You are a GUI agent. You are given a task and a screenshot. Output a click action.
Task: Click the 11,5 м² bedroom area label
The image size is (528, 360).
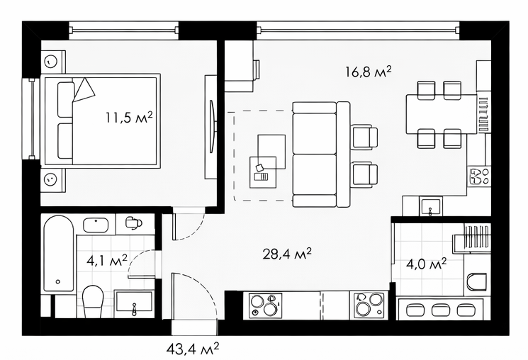[129, 118]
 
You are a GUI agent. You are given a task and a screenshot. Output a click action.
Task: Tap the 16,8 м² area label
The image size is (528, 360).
[369, 72]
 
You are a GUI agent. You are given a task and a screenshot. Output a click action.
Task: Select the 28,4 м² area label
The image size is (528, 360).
[287, 254]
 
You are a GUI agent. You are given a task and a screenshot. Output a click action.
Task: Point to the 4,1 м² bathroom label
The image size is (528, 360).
[107, 260]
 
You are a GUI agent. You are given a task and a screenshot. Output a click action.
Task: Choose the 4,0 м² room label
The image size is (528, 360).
[427, 264]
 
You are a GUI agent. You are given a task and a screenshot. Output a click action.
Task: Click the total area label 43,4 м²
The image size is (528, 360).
[193, 349]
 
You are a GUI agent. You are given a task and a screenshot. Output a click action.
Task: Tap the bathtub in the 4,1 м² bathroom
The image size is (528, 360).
[59, 253]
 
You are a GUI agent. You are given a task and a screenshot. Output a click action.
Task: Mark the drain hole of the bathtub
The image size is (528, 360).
[58, 281]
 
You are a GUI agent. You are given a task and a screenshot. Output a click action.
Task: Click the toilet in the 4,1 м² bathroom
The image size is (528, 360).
[93, 301]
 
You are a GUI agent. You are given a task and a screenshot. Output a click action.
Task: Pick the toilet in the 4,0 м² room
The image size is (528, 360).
[477, 281]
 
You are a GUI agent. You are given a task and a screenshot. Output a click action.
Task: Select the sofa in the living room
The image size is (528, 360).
[321, 154]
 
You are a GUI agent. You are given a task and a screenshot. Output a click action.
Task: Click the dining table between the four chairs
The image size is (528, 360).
[442, 115]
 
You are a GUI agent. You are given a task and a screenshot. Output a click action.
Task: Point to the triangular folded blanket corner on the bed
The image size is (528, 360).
[84, 89]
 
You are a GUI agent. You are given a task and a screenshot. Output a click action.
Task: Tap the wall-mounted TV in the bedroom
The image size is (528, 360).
[211, 127]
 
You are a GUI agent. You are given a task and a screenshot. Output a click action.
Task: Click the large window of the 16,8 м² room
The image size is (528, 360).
[359, 30]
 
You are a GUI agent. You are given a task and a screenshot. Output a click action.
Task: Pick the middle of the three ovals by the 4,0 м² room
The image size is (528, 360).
[439, 310]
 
